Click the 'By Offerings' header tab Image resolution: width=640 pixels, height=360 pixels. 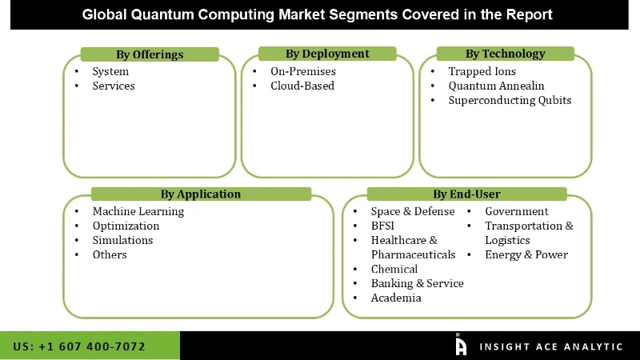[150, 54]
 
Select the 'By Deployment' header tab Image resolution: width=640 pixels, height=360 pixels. [327, 54]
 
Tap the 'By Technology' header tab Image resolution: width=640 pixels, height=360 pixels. [505, 54]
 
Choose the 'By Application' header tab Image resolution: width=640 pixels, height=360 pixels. [200, 194]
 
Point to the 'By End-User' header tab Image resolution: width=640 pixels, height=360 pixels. [466, 194]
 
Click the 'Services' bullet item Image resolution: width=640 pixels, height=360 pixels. [114, 86]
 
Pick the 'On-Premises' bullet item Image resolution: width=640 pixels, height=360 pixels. [303, 71]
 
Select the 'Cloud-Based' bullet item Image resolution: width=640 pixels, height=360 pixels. [302, 86]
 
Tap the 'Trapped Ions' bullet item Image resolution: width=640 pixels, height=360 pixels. [482, 71]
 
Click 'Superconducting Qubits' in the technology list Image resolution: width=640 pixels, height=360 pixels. [510, 100]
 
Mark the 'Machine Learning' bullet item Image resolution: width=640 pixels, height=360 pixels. [138, 211]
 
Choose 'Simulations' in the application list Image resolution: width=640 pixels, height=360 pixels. [122, 240]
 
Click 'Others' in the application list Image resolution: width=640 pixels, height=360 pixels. [110, 254]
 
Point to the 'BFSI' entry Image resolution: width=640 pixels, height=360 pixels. [382, 226]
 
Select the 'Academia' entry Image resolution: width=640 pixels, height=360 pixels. [396, 298]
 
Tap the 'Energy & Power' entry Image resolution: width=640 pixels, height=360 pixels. [526, 254]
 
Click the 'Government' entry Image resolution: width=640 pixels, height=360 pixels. [517, 211]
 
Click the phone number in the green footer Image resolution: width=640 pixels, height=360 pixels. [79, 346]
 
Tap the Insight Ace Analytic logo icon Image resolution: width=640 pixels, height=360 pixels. [461, 345]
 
